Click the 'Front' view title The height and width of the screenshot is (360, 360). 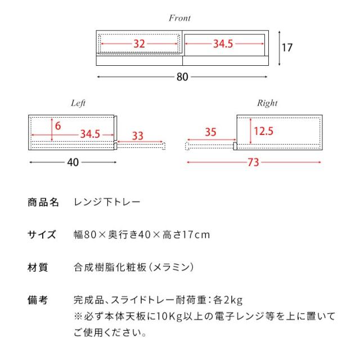click(179, 18)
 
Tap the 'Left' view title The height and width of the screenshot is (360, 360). click(78, 103)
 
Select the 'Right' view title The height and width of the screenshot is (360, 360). click(267, 103)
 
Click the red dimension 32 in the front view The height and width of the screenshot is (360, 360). click(139, 44)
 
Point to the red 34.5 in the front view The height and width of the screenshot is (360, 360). click(223, 44)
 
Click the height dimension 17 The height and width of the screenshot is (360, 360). click(287, 47)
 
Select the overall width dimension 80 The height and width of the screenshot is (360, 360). click(182, 76)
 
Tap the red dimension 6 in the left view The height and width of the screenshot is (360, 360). click(58, 125)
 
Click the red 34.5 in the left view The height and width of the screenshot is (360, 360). click(90, 134)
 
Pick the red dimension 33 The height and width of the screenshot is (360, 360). click(137, 136)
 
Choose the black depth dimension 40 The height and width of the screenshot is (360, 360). click(73, 163)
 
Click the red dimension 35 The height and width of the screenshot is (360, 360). click(210, 132)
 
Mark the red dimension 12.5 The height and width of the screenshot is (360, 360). click(263, 131)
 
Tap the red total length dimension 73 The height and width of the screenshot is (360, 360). click(253, 163)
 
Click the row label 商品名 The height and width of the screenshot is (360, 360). click(43, 202)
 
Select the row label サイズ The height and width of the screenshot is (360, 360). click(42, 235)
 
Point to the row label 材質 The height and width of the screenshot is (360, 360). click(38, 267)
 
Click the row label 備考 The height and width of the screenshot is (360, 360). click(38, 300)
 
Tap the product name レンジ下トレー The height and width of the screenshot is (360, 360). click(107, 202)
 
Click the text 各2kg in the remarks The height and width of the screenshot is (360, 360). click(228, 300)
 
